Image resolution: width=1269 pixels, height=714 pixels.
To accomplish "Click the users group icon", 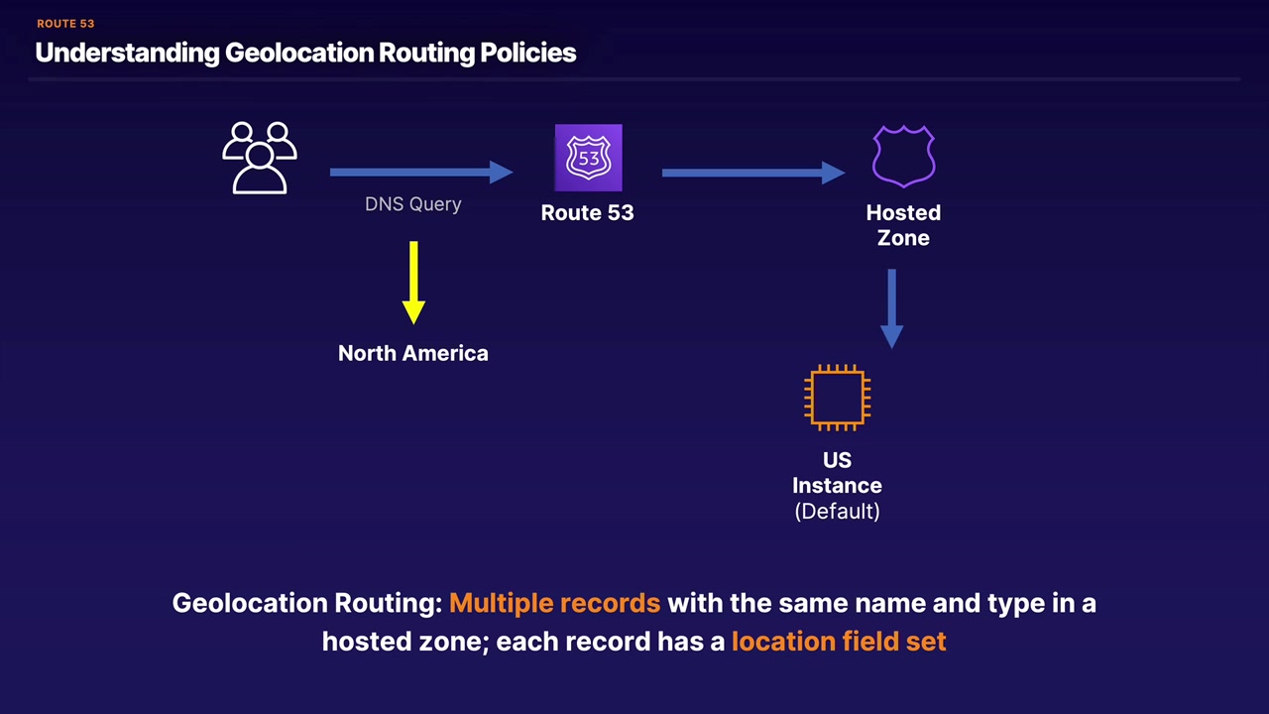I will pyautogui.click(x=260, y=158).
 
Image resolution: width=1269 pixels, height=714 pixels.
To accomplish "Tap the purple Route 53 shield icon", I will pyautogui.click(x=588, y=158).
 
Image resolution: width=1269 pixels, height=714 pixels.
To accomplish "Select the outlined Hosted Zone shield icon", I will pyautogui.click(x=903, y=157).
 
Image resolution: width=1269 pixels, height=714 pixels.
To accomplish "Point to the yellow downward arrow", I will pyautogui.click(x=413, y=283).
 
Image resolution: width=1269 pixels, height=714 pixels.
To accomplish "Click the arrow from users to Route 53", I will pyautogui.click(x=420, y=173).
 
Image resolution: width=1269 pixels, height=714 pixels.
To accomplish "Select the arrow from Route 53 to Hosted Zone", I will pyautogui.click(x=752, y=173).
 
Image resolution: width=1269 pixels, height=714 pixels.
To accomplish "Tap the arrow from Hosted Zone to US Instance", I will pyautogui.click(x=891, y=308).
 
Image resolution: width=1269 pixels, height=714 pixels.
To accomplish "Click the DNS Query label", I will pyautogui.click(x=413, y=204).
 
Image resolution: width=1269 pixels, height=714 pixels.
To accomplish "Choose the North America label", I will pyautogui.click(x=413, y=353).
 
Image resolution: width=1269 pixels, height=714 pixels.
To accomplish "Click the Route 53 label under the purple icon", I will pyautogui.click(x=587, y=212).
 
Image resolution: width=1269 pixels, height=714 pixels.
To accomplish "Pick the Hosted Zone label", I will pyautogui.click(x=903, y=225).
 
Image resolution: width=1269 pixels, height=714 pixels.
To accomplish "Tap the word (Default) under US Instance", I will pyautogui.click(x=837, y=511).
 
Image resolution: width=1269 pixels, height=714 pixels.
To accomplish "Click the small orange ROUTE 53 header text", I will pyautogui.click(x=65, y=24).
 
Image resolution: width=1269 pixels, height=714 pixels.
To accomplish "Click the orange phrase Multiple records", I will pyautogui.click(x=554, y=603).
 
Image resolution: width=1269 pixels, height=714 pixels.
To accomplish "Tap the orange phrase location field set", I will pyautogui.click(x=839, y=642).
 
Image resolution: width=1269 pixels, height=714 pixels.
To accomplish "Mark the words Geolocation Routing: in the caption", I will pyautogui.click(x=306, y=603).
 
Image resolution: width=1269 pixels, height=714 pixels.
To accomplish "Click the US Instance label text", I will pyautogui.click(x=837, y=473).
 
